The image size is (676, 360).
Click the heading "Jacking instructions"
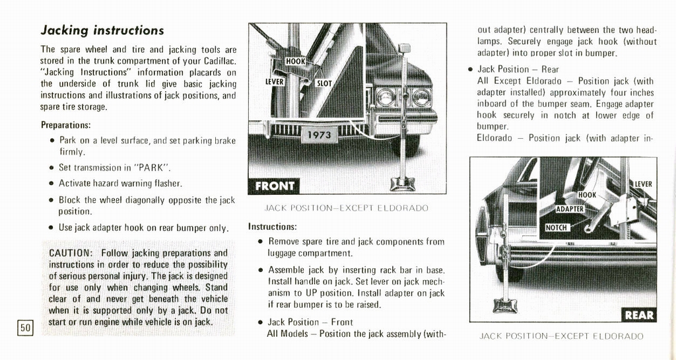[x=102, y=30]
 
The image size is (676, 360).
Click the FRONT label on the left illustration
[x=274, y=186]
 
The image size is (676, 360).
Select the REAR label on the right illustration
[x=638, y=314]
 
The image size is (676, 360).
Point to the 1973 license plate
[x=320, y=135]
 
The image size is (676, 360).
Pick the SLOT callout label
[x=324, y=84]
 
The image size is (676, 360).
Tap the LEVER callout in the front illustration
[x=275, y=81]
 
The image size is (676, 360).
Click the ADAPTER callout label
[x=570, y=209]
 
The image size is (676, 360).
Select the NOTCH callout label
[x=557, y=228]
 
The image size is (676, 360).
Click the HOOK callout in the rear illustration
[x=587, y=195]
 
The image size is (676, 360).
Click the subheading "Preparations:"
[x=65, y=125]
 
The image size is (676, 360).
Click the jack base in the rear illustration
[x=505, y=306]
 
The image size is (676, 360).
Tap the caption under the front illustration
[x=347, y=208]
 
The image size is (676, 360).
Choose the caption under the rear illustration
[x=561, y=336]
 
